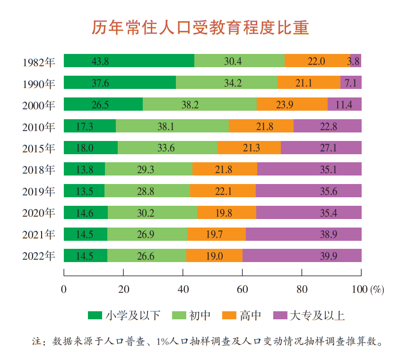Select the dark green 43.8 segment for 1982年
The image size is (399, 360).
pyautogui.click(x=129, y=61)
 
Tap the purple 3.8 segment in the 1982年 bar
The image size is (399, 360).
pyautogui.click(x=356, y=61)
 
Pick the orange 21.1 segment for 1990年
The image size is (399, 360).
pyautogui.click(x=309, y=83)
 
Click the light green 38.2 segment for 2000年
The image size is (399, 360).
pyautogui.click(x=199, y=105)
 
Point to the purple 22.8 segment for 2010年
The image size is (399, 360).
pyautogui.click(x=327, y=126)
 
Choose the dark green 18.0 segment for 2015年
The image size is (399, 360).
pyautogui.click(x=90, y=148)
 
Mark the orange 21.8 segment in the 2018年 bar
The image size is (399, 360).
pyautogui.click(x=225, y=169)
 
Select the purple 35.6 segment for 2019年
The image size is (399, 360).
pyautogui.click(x=308, y=191)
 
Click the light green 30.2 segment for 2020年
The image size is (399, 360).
pyautogui.click(x=152, y=213)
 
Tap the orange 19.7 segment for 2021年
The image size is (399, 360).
pyautogui.click(x=216, y=235)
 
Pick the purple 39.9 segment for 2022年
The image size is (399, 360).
pyautogui.click(x=302, y=256)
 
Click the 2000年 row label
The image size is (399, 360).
pyautogui.click(x=39, y=105)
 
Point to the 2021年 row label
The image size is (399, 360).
pyautogui.click(x=39, y=235)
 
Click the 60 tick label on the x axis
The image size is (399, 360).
pyautogui.click(x=242, y=289)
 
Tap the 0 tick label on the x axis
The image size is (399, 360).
pyautogui.click(x=64, y=289)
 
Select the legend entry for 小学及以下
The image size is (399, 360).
pyautogui.click(x=124, y=316)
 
